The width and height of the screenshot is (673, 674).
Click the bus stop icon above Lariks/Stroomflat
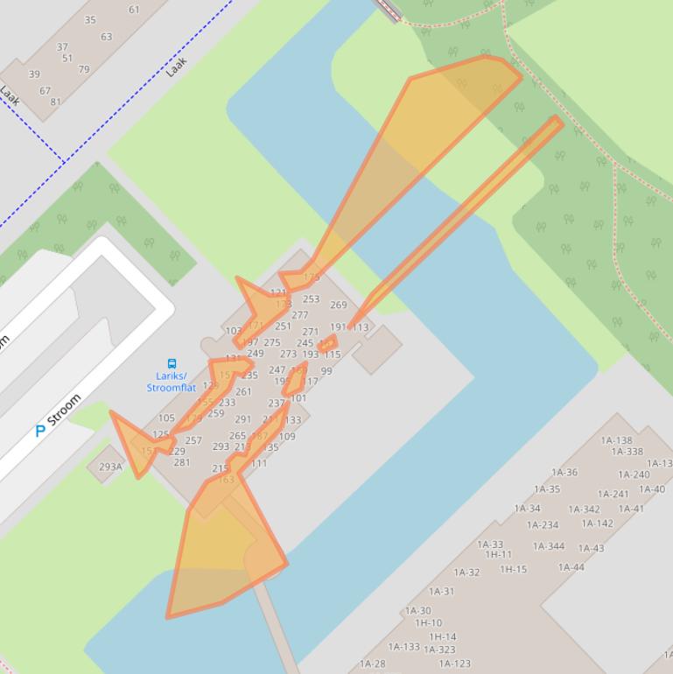pyautogui.click(x=172, y=363)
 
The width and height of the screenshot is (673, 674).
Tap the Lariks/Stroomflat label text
pyautogui.click(x=172, y=383)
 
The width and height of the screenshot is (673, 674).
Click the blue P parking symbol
pyautogui.click(x=40, y=431)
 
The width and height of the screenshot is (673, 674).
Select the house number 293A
pyautogui.click(x=110, y=467)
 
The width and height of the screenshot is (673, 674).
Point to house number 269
pyautogui.click(x=339, y=305)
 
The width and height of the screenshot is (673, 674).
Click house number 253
pyautogui.click(x=311, y=299)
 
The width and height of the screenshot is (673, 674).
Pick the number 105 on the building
pyautogui.click(x=166, y=418)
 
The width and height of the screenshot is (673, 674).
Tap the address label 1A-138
pyautogui.click(x=616, y=441)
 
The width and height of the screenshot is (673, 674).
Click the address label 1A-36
pyautogui.click(x=564, y=473)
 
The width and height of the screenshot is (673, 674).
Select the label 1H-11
pyautogui.click(x=499, y=555)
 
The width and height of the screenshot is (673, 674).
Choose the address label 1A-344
pyautogui.click(x=549, y=546)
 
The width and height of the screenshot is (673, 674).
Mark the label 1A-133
pyautogui.click(x=403, y=647)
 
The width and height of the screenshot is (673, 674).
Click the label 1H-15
pyautogui.click(x=514, y=569)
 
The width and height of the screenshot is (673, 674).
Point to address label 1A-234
pyautogui.click(x=543, y=525)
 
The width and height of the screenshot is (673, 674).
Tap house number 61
pyautogui.click(x=134, y=10)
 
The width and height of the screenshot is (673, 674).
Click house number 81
pyautogui.click(x=56, y=102)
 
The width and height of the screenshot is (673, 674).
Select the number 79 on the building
pyautogui.click(x=84, y=69)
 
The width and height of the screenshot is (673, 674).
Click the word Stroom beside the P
pyautogui.click(x=65, y=410)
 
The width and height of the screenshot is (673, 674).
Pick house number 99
pyautogui.click(x=326, y=371)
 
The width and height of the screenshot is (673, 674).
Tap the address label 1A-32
pyautogui.click(x=466, y=572)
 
